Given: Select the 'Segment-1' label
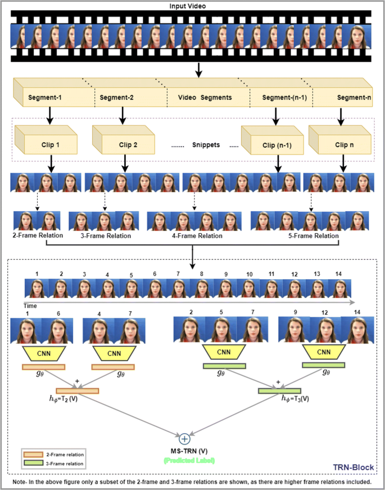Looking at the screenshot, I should click(44, 98).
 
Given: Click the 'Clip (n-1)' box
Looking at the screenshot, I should click(277, 144).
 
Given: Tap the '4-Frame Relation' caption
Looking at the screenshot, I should click(197, 236).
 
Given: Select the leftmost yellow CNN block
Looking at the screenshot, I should click(44, 354).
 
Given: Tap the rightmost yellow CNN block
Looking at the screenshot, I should click(324, 353).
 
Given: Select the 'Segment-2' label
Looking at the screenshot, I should click(116, 98).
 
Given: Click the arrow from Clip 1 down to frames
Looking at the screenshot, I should click(51, 164).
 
